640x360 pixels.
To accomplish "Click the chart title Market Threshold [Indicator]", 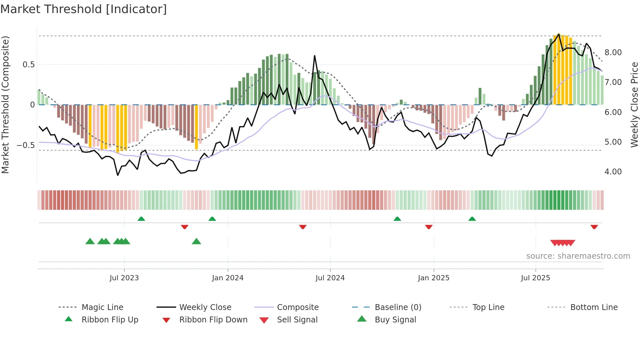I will (x=84, y=9).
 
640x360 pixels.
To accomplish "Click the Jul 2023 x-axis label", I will (x=124, y=278).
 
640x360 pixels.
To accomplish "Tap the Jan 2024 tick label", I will (x=228, y=278).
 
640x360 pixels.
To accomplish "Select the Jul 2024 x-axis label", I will (x=330, y=278).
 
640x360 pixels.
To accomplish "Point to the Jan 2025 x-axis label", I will (x=434, y=278).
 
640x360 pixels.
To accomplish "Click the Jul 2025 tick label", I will (x=536, y=278).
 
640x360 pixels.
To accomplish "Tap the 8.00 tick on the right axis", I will (x=613, y=53).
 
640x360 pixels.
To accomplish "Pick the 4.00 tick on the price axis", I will (x=613, y=172).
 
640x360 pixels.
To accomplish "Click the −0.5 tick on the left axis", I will (x=25, y=145).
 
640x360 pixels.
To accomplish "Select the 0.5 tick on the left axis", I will (x=28, y=65).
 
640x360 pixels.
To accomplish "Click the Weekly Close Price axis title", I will (x=634, y=105).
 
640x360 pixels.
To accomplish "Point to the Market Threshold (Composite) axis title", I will (x=5, y=105).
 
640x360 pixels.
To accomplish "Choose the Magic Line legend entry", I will (x=102, y=307).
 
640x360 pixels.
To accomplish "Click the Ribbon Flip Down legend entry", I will (x=213, y=320).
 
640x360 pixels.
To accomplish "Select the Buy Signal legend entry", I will (x=395, y=320).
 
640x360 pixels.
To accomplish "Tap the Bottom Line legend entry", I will (x=594, y=307).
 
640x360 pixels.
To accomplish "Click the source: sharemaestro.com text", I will (x=578, y=256).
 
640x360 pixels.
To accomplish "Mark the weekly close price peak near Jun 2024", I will (x=315, y=56).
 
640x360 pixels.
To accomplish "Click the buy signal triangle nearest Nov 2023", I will (x=196, y=241).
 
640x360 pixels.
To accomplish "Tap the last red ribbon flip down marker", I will (x=594, y=227).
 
